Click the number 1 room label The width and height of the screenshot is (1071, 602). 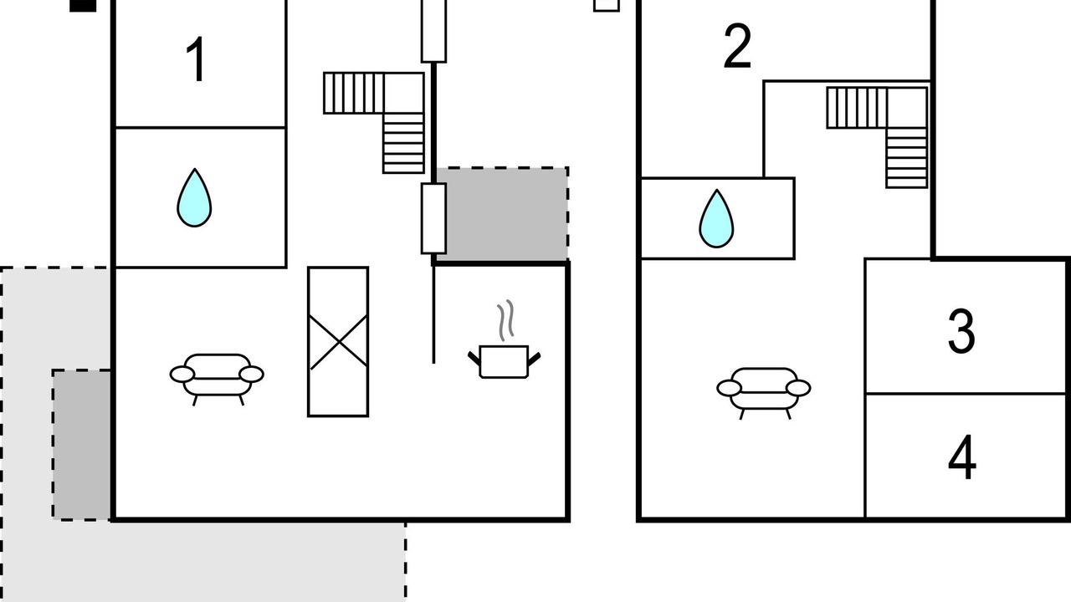197,60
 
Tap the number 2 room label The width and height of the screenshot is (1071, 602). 737,48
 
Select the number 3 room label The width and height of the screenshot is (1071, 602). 961,331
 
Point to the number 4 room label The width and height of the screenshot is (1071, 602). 962,458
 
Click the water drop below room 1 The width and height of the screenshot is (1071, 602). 194,198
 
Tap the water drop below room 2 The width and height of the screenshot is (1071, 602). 716,219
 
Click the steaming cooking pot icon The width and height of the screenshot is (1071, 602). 504,360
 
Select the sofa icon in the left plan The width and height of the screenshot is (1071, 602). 217,376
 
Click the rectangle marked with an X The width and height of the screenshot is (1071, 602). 338,341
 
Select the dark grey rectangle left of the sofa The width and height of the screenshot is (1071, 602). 82,444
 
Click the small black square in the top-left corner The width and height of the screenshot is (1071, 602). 82,5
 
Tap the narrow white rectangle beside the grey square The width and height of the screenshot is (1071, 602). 433,218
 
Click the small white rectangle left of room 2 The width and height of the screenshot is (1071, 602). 607,5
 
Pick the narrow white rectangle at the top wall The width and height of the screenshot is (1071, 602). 433,30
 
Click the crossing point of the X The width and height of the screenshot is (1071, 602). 338,341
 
